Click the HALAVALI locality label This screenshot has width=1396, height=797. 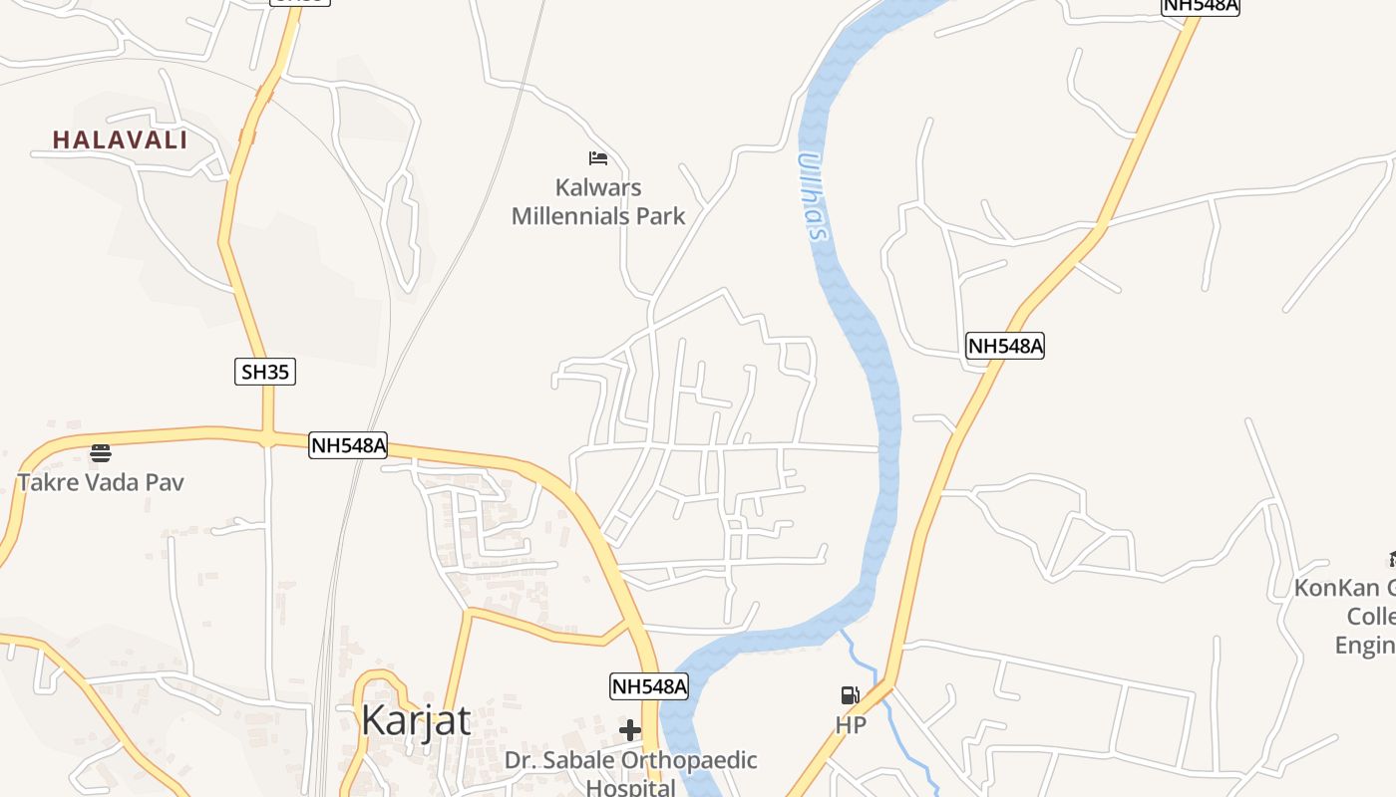120,140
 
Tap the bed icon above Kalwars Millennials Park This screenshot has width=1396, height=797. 598,157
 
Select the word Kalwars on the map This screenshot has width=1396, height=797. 598,187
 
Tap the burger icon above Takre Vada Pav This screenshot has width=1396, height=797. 101,454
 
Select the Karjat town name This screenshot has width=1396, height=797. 416,719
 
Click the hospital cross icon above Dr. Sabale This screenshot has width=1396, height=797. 630,730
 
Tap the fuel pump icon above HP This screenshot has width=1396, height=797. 850,695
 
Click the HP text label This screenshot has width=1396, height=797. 851,725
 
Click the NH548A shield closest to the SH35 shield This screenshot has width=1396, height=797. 348,445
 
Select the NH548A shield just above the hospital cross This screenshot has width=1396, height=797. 649,686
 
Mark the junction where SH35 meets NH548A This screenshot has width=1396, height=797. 268,435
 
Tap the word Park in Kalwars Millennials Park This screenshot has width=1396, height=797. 663,215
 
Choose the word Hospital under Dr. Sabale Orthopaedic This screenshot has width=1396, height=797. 630,788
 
